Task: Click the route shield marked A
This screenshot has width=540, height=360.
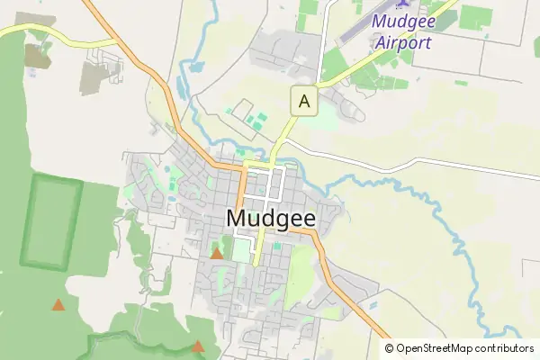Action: tap(304, 102)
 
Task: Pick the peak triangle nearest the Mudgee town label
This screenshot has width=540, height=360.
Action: tap(217, 254)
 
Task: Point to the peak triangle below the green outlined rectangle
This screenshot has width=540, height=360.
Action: tap(58, 305)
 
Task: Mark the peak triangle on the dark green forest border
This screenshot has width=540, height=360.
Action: tap(198, 346)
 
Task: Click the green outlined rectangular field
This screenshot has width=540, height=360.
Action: tap(51, 221)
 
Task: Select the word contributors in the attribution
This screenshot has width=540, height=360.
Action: tap(504, 348)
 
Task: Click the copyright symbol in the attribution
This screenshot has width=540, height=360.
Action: tap(390, 348)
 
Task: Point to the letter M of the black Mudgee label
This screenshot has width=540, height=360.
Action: tap(238, 218)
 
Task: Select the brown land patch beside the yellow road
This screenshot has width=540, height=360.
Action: tap(37, 57)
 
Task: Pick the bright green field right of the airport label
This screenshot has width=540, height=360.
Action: tap(475, 16)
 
